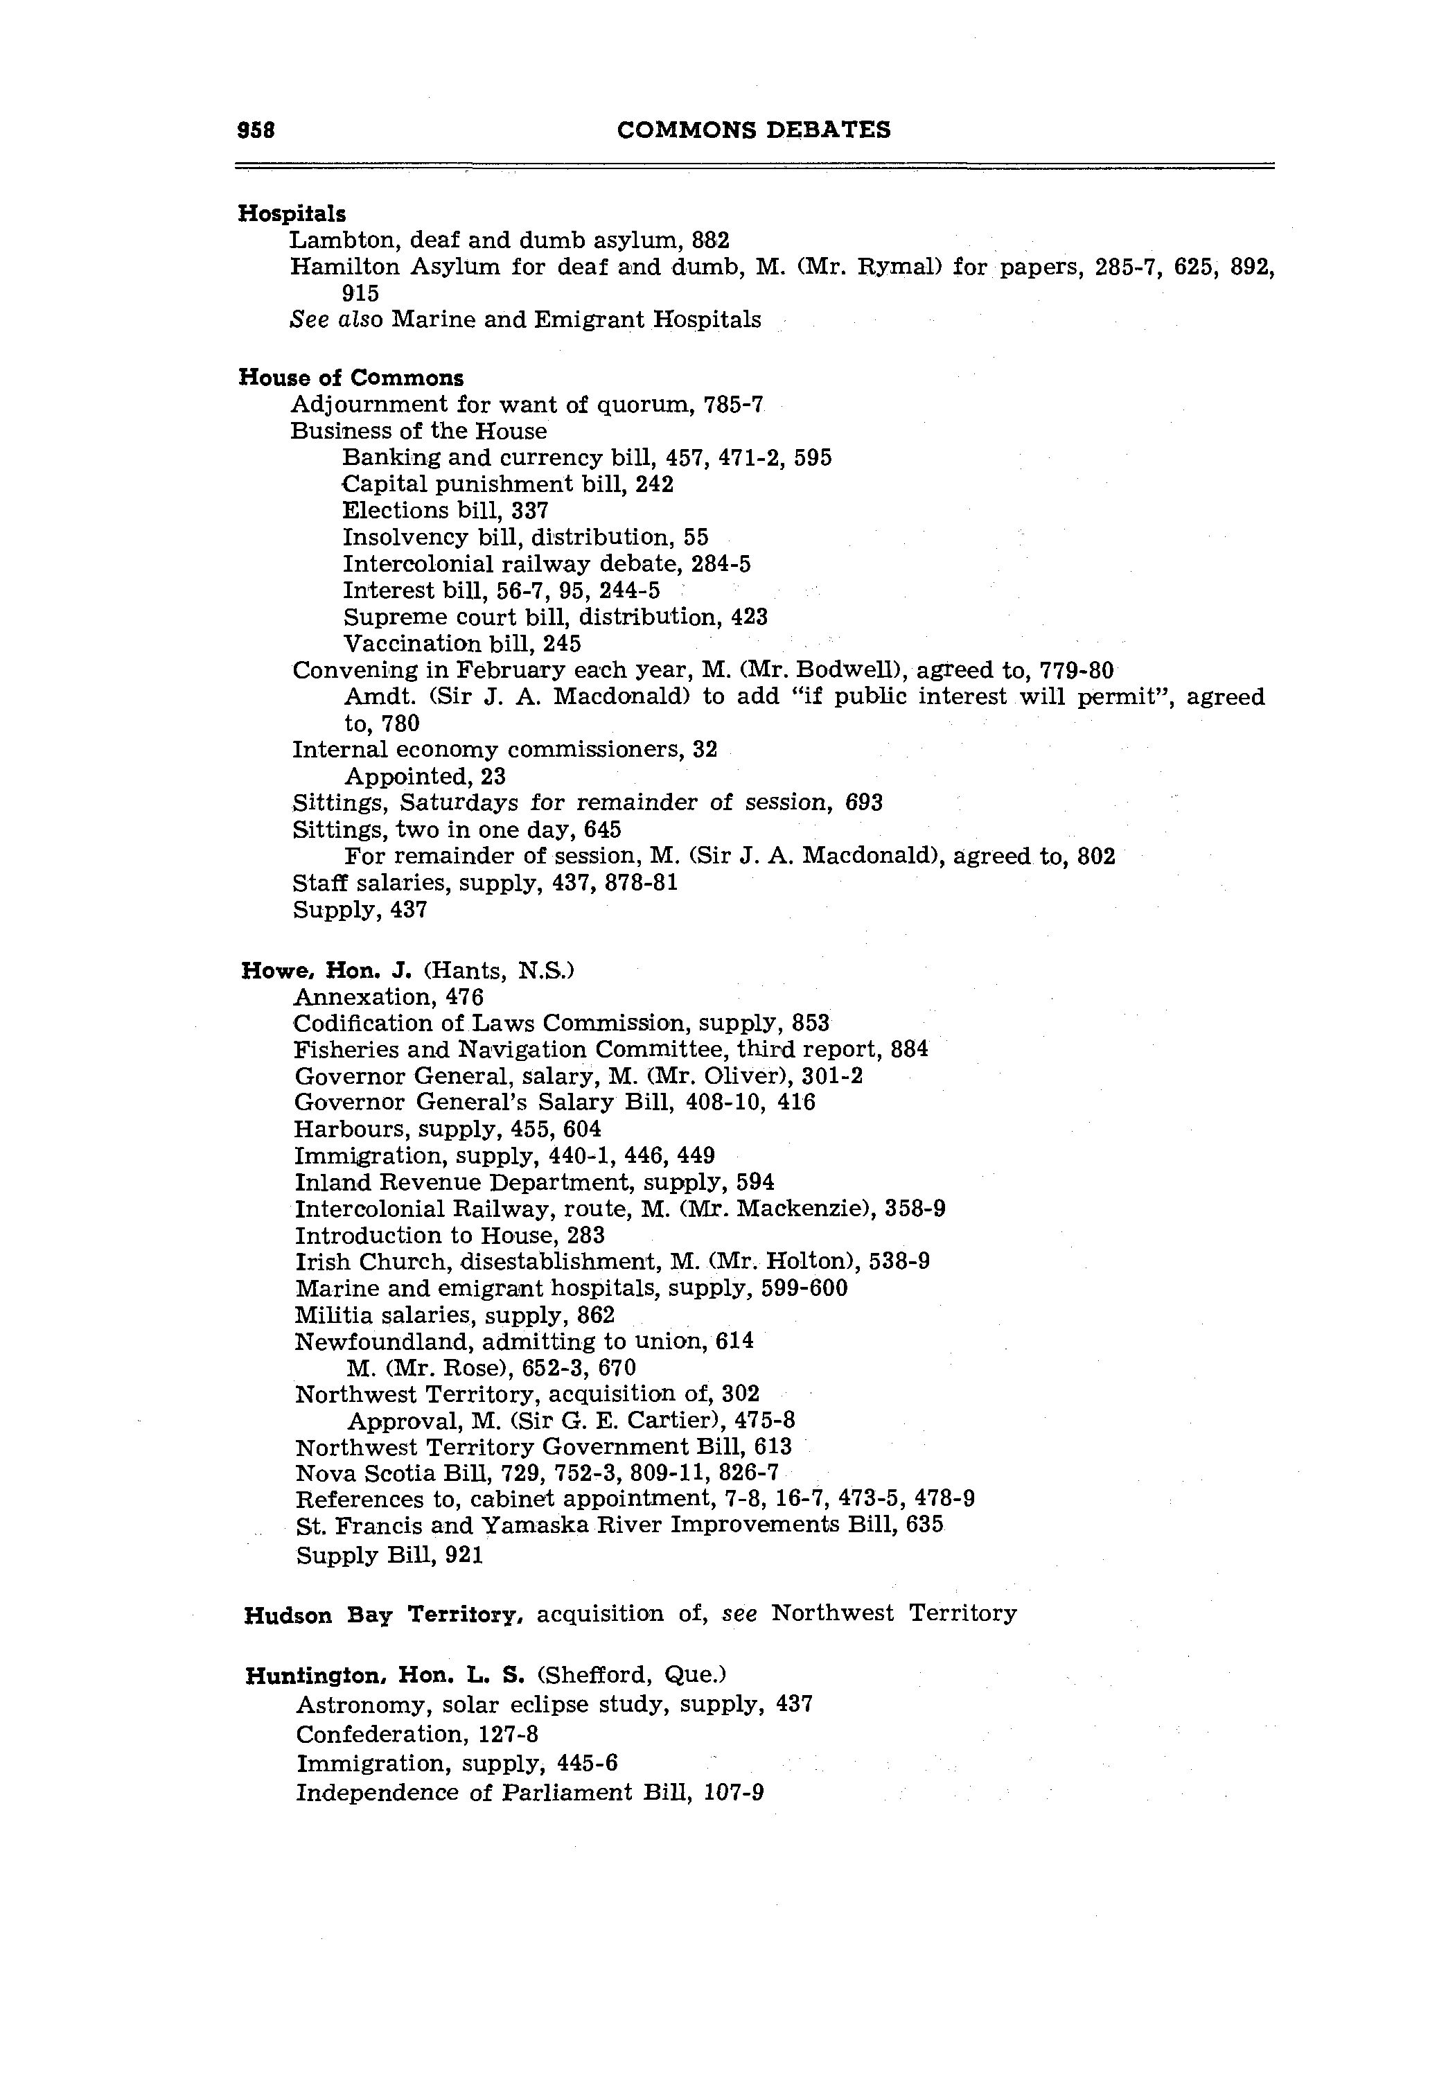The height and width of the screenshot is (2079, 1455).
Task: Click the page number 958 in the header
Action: (x=256, y=130)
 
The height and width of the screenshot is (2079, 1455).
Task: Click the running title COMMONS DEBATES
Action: (x=753, y=130)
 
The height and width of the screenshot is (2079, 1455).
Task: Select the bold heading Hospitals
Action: (x=292, y=213)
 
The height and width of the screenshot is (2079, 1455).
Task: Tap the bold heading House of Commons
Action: (x=351, y=378)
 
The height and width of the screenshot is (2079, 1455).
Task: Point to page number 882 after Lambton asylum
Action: (x=710, y=241)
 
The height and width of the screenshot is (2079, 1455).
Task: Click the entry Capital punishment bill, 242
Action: (x=507, y=484)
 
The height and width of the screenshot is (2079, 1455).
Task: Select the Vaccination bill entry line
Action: (x=461, y=644)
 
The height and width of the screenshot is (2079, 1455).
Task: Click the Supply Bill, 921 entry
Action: (x=389, y=1556)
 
